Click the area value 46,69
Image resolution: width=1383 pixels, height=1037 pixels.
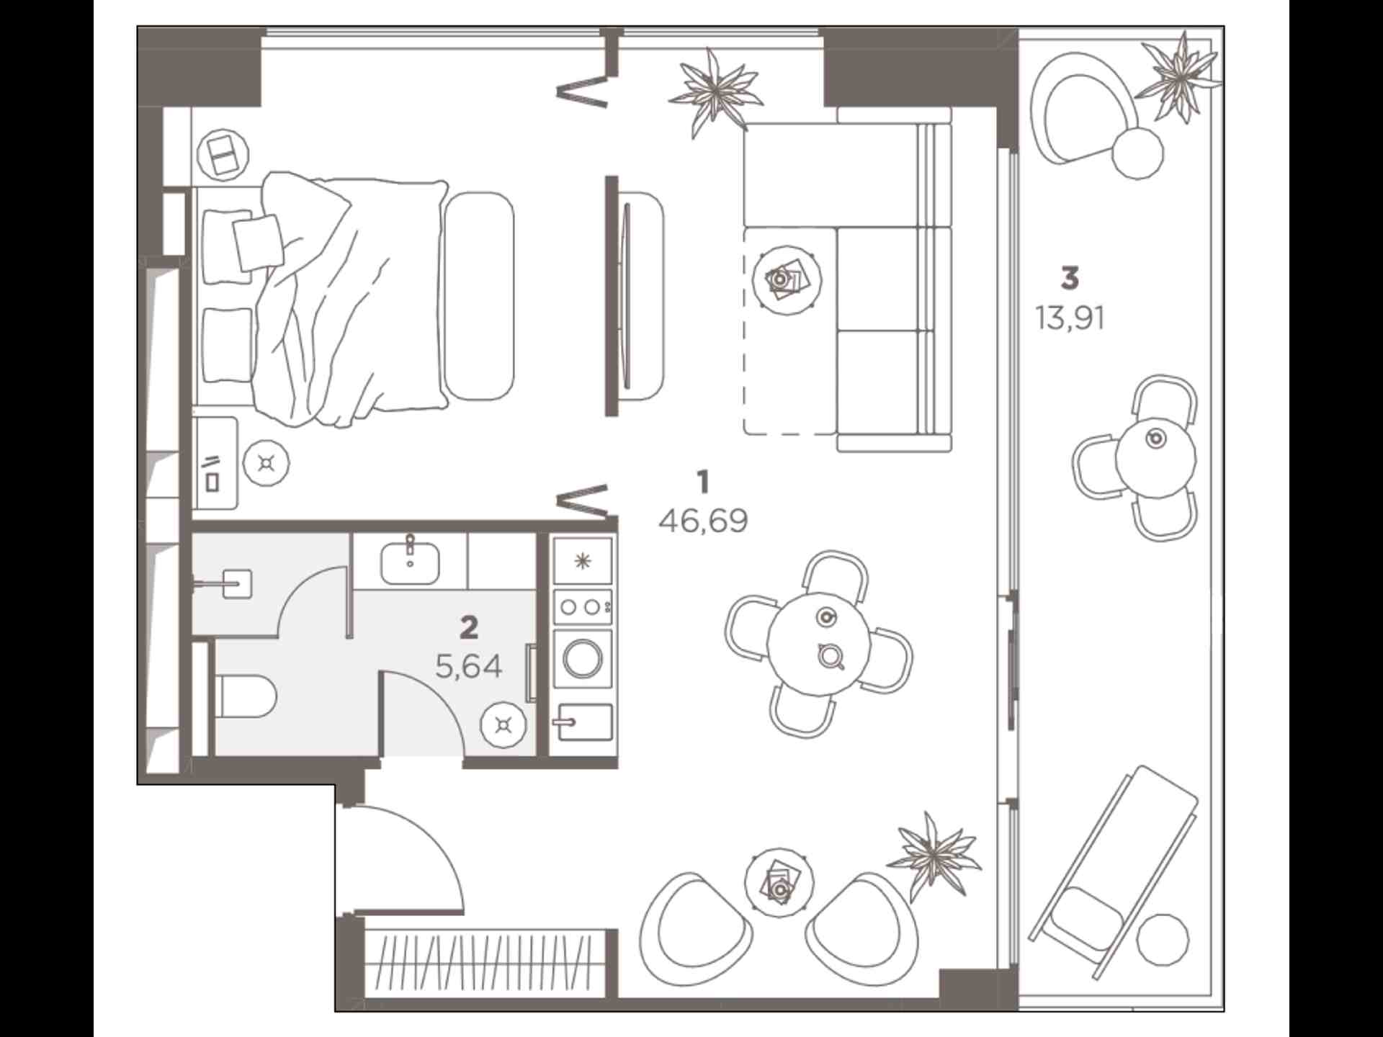coord(703,521)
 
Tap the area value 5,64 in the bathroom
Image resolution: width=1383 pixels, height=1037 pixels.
coord(469,668)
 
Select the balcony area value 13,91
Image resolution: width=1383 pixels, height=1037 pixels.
coord(1070,318)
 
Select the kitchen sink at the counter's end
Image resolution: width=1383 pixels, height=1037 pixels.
coord(583,723)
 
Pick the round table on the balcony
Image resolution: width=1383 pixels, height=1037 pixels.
coord(1155,457)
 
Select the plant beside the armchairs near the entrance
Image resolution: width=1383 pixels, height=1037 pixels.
coord(933,856)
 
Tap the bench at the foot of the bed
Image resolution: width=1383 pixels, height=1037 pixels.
coord(479,295)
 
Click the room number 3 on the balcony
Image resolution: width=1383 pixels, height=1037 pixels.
coord(1070,277)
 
